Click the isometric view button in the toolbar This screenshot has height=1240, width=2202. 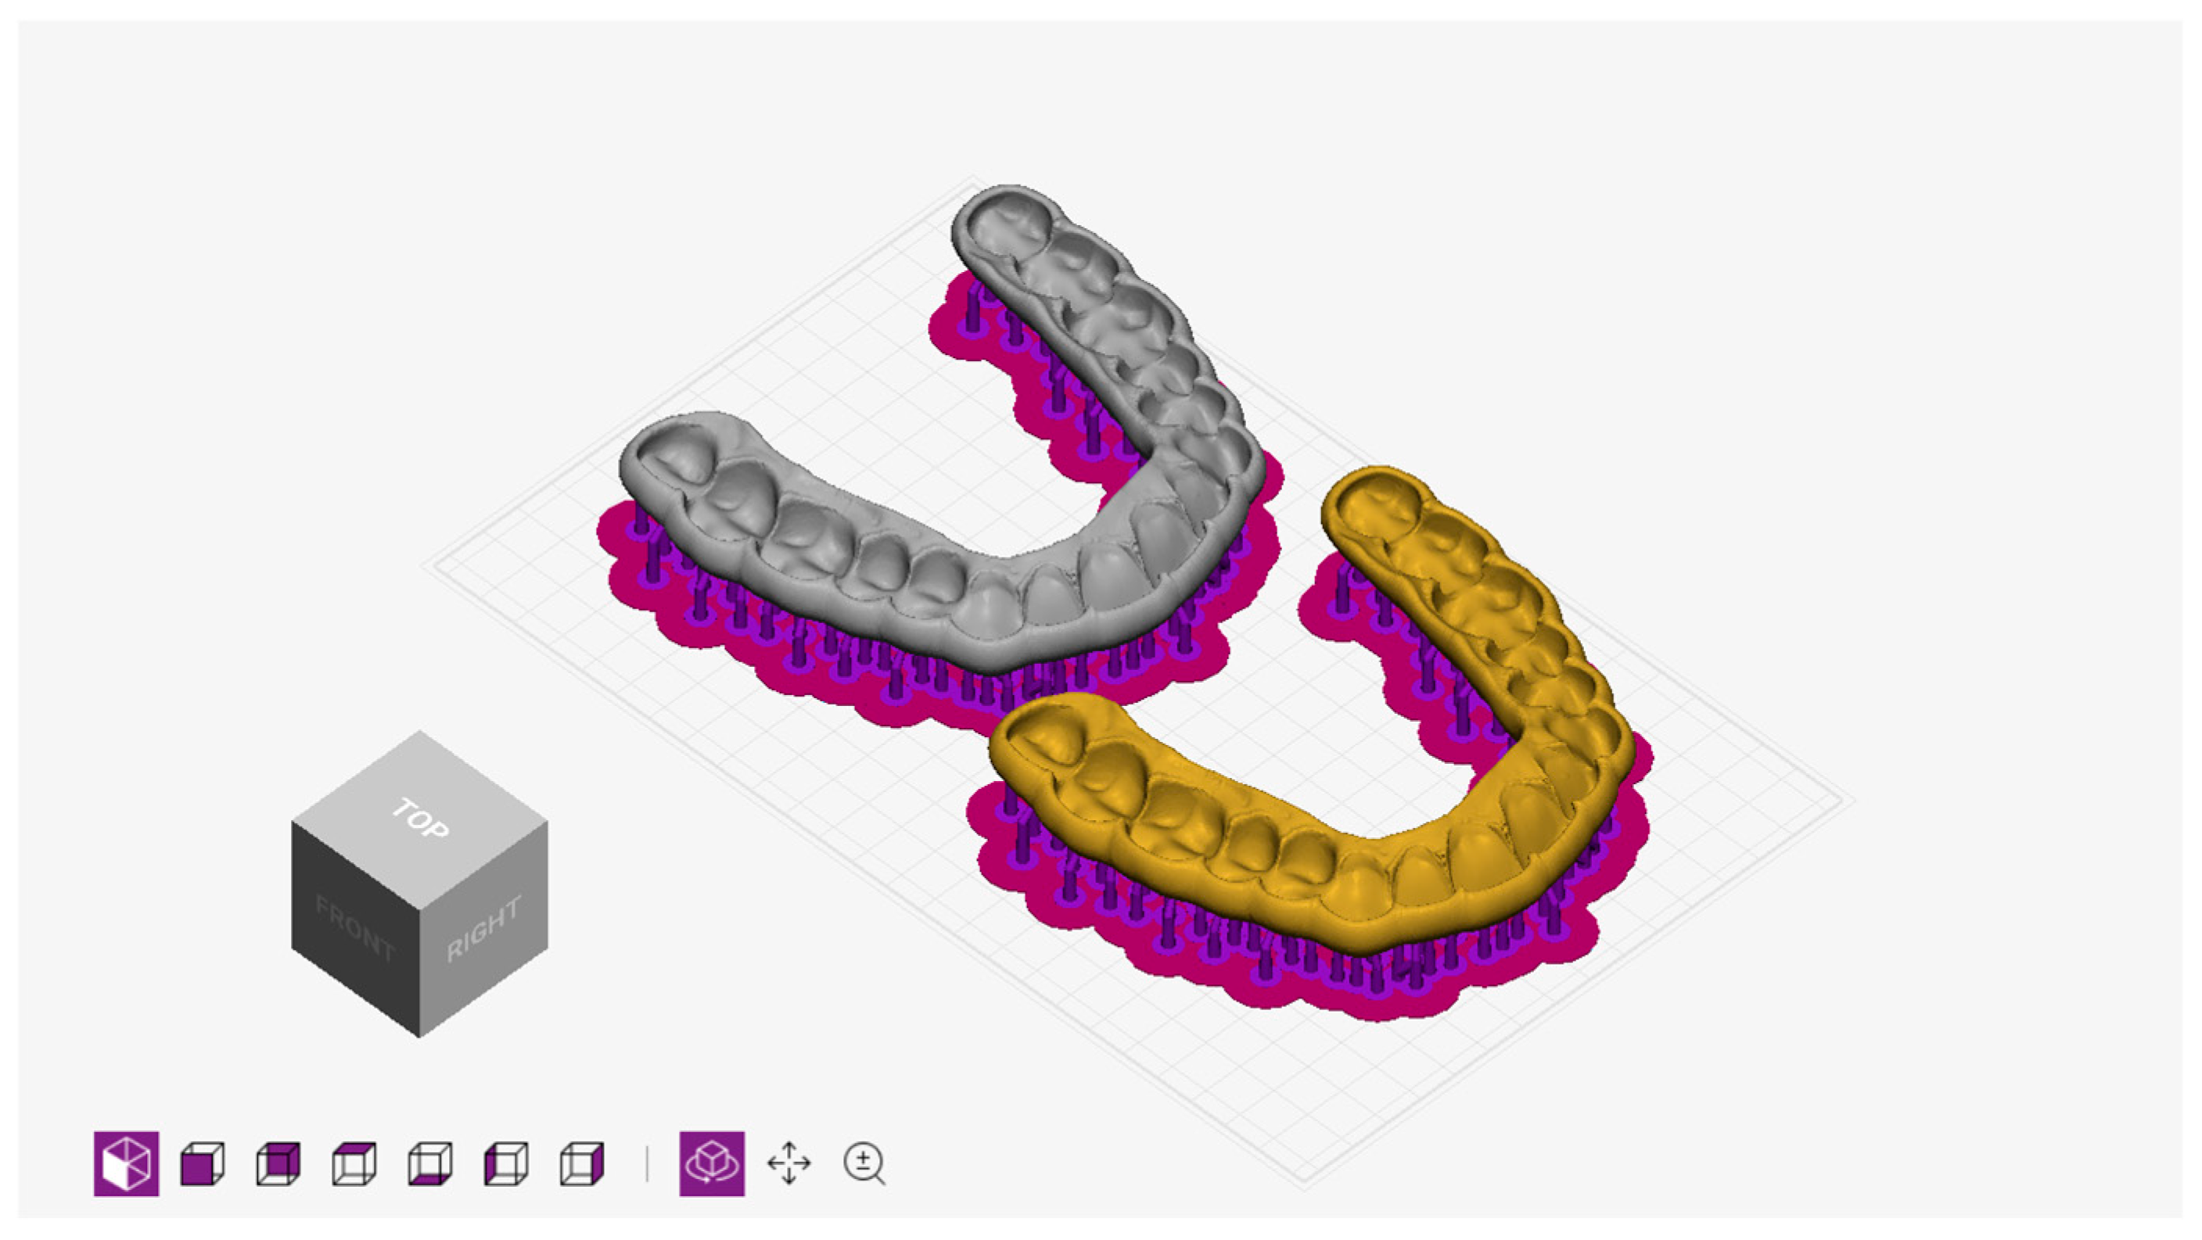click(x=127, y=1163)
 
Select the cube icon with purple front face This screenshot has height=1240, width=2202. click(x=203, y=1164)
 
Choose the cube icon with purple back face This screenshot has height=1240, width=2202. click(x=278, y=1164)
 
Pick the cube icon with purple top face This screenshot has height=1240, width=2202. click(x=354, y=1164)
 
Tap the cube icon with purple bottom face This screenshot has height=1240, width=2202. click(x=430, y=1164)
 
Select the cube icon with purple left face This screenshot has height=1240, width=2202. click(x=506, y=1164)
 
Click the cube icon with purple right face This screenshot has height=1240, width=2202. click(x=582, y=1164)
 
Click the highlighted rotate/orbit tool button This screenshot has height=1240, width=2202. click(x=712, y=1163)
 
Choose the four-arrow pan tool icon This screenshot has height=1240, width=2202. click(x=789, y=1163)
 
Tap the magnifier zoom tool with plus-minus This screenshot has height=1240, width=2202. click(x=864, y=1164)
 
